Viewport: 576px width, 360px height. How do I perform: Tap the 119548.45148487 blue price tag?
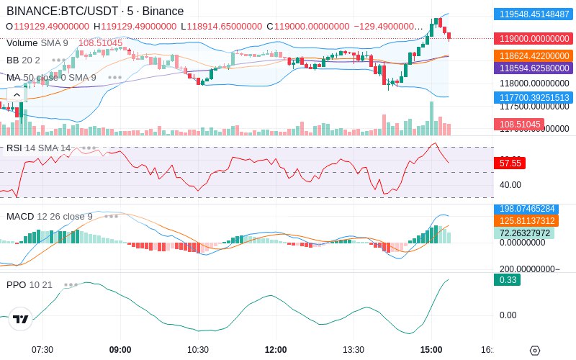pos(533,14)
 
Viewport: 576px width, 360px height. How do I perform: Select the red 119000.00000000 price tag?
pos(533,39)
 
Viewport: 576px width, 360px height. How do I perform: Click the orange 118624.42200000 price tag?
pos(533,56)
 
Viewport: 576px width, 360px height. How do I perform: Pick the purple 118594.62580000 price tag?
pos(533,68)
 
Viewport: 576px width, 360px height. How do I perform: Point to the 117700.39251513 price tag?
pos(533,97)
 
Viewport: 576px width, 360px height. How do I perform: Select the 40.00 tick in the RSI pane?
pos(511,185)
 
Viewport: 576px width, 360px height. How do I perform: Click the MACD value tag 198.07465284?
pos(533,209)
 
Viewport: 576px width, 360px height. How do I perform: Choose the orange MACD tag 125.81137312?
pos(533,221)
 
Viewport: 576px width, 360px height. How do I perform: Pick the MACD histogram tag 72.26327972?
pos(533,233)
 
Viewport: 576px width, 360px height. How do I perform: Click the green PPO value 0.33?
pos(507,280)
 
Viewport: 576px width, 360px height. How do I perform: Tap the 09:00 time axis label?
pos(120,349)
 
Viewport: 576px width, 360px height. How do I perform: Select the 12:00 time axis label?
pos(276,349)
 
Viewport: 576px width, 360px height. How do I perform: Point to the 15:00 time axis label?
pos(431,349)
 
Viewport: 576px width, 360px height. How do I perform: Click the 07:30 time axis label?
pos(42,349)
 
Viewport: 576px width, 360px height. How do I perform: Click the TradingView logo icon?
pos(21,320)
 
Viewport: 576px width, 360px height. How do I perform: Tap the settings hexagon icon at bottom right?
pos(534,351)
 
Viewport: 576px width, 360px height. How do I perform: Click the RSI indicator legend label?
pos(14,148)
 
